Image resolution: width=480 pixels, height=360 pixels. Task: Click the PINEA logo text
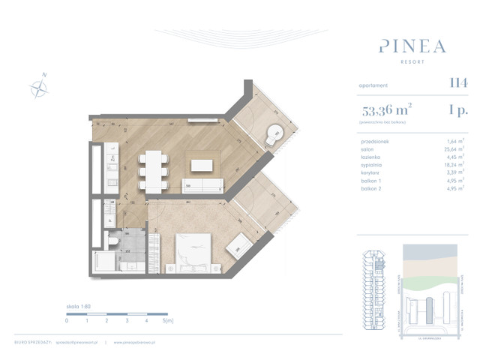coord(412,46)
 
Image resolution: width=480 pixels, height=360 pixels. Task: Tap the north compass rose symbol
coord(38,88)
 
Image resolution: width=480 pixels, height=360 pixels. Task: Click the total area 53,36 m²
coord(386,112)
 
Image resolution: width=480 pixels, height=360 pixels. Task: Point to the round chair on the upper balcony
coord(275,135)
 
